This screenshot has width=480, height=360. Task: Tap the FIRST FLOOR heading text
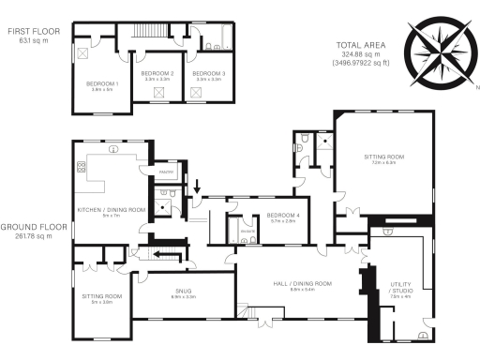pos(34,31)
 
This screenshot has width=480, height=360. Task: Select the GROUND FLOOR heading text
pos(32,227)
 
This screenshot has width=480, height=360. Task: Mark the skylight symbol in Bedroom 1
pos(82,53)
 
